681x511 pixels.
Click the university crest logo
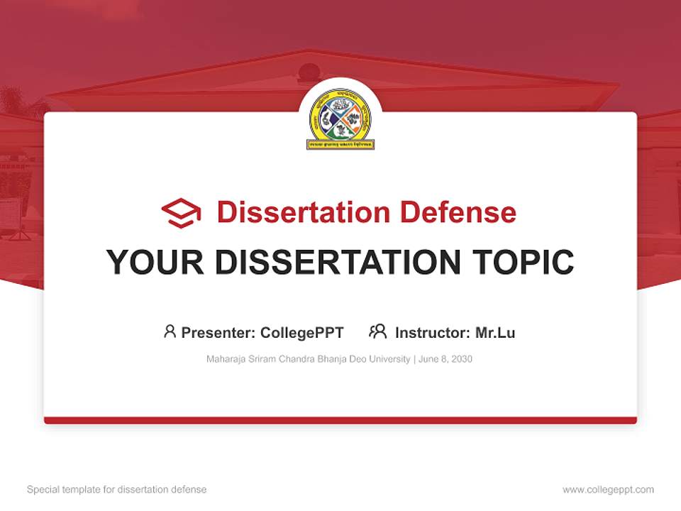point(340,119)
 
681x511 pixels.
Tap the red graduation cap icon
point(181,213)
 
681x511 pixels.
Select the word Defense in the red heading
point(458,212)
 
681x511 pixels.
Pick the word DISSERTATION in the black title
point(336,263)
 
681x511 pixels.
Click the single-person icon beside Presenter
point(170,331)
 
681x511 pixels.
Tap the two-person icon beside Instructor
point(378,331)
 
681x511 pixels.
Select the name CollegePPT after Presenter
point(302,333)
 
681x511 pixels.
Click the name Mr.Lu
point(495,333)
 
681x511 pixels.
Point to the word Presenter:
point(218,333)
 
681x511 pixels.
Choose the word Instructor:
point(433,333)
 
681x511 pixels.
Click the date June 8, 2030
point(445,359)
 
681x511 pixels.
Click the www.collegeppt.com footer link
point(608,490)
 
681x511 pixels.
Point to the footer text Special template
point(60,490)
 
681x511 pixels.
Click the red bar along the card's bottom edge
point(340,420)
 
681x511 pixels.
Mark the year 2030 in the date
point(461,359)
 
